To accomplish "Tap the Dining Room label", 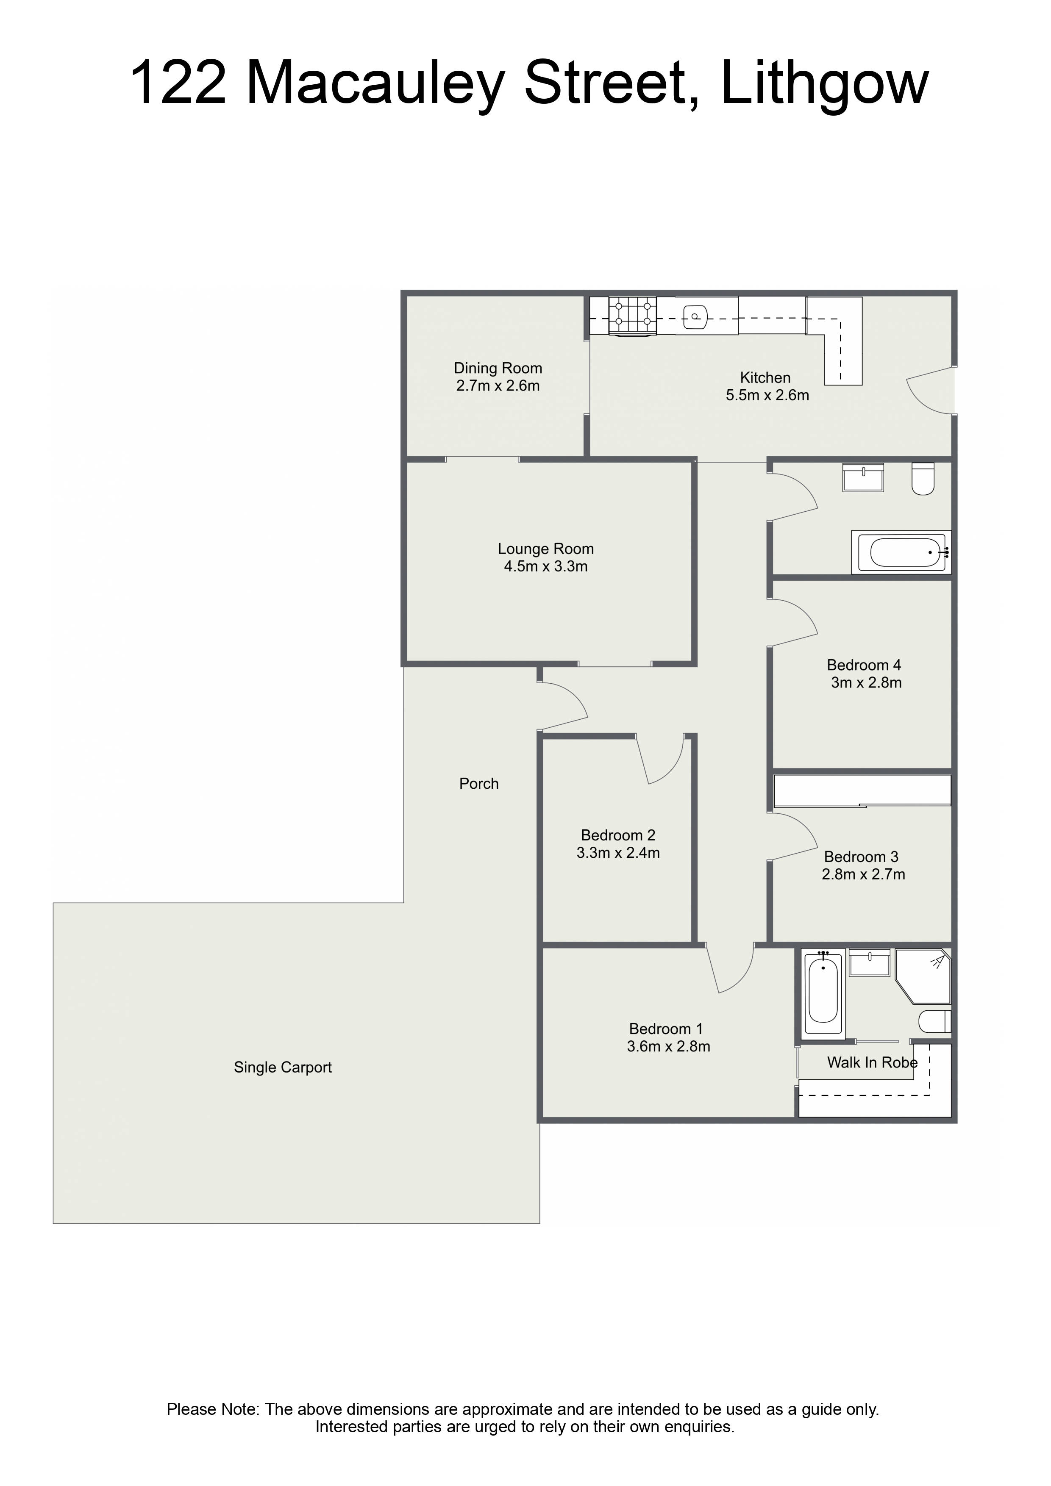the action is [x=498, y=368].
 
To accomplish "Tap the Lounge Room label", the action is [x=546, y=549].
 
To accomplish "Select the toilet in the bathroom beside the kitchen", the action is [x=923, y=479].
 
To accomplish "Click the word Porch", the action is [x=479, y=784].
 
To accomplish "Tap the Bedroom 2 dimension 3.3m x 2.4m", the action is [x=618, y=853].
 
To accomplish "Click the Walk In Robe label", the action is [x=872, y=1063].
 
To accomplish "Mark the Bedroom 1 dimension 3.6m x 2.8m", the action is [x=669, y=1047].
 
